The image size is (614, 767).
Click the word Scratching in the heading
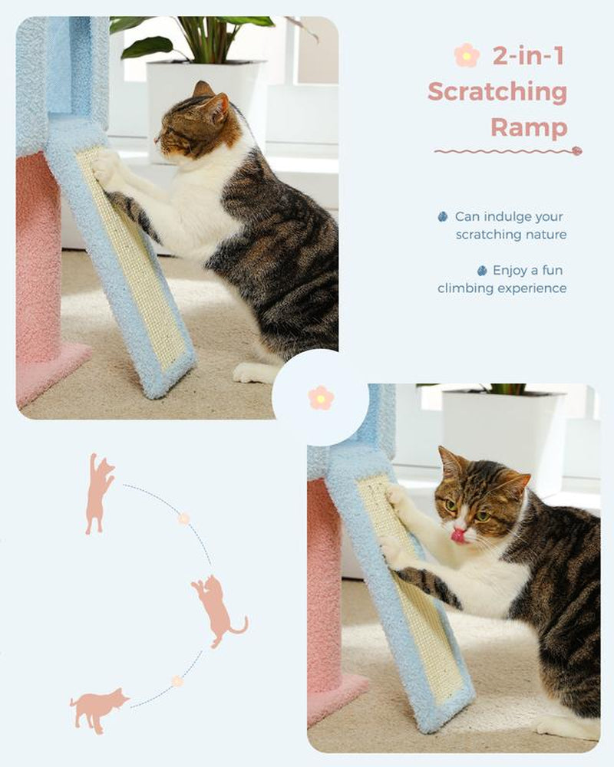497,92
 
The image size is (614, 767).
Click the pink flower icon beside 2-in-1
467,55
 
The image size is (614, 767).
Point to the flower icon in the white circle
321,397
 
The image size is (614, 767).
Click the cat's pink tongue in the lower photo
458,535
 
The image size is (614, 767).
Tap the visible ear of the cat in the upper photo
216,107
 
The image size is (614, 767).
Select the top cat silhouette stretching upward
99,492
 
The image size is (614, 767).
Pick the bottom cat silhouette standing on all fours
98,709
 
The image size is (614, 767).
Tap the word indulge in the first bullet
510,217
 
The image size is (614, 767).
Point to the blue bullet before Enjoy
482,270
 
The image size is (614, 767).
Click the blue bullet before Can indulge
443,217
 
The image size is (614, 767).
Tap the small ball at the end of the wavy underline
577,150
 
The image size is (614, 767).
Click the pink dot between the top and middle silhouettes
183,518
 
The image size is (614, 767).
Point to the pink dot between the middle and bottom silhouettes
177,681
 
